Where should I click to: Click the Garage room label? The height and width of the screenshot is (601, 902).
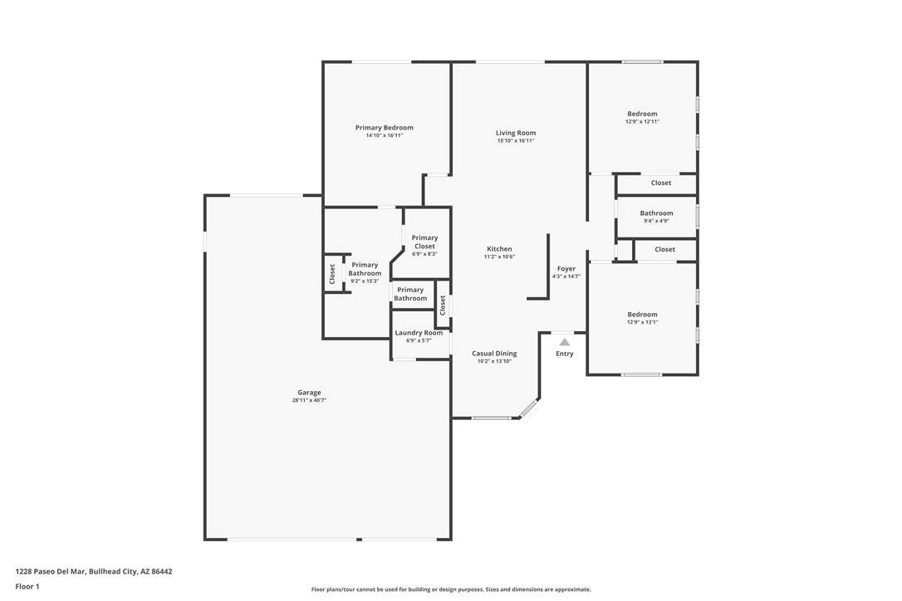(x=310, y=393)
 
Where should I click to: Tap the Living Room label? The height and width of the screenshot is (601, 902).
(x=516, y=133)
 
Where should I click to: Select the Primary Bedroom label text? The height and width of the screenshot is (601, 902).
(x=385, y=128)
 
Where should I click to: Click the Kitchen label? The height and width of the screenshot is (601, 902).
(x=499, y=249)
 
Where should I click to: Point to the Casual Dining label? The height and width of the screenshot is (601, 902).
(x=495, y=354)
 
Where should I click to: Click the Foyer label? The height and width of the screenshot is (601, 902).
(x=566, y=269)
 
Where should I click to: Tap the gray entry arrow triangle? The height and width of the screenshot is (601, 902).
(x=565, y=342)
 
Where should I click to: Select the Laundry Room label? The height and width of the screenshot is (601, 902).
(x=419, y=333)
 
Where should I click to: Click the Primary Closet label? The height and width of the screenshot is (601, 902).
(x=424, y=242)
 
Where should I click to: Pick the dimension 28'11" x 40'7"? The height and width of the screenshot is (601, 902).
(x=310, y=400)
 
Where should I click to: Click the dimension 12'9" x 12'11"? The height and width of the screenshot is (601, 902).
(x=643, y=122)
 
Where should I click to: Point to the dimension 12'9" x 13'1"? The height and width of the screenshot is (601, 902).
(x=643, y=322)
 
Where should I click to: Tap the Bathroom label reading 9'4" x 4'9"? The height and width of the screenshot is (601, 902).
(x=656, y=213)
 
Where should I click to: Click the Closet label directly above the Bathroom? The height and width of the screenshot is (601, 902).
(x=661, y=183)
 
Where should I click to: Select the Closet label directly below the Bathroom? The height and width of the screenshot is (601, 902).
(x=664, y=250)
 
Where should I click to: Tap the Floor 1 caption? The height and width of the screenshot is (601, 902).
(x=27, y=587)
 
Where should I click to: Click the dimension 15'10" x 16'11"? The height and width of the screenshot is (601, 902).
(x=516, y=141)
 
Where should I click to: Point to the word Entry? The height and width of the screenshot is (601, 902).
(x=565, y=354)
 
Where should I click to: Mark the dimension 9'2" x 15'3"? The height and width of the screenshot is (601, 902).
(x=365, y=281)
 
